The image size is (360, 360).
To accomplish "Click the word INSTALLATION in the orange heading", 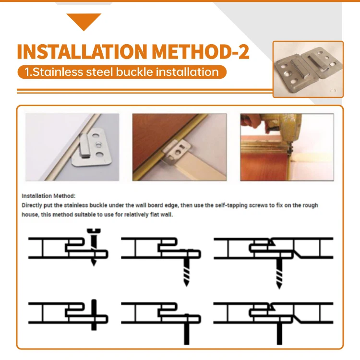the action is click(82, 52).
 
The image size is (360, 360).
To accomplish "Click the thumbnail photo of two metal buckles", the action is click(308, 69).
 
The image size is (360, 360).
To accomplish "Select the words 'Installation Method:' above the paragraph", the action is click(48, 196).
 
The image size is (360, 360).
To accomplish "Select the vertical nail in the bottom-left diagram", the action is click(94, 315).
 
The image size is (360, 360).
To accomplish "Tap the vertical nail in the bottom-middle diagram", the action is click(186, 329).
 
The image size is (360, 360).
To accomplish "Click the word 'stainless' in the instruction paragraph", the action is click(76, 205).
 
